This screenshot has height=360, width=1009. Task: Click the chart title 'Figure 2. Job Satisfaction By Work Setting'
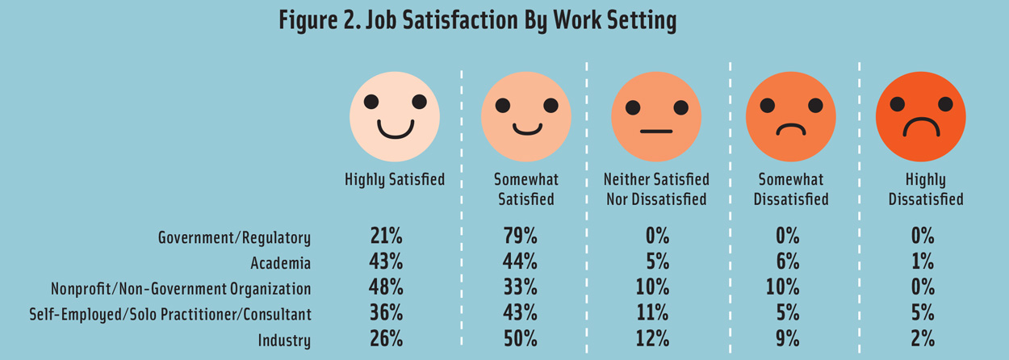[477, 20]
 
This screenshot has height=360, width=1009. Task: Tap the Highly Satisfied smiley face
[395, 116]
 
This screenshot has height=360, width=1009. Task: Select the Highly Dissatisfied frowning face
[920, 116]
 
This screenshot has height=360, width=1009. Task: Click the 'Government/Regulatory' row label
[234, 237]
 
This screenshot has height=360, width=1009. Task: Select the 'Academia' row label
[280, 262]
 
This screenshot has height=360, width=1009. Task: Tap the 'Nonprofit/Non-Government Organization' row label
[181, 288]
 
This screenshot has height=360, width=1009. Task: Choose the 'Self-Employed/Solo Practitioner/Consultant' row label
[170, 314]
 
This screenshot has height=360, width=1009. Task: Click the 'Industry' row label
[284, 340]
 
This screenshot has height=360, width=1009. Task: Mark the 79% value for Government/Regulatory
[520, 237]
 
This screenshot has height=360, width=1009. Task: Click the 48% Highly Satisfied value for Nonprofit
[386, 287]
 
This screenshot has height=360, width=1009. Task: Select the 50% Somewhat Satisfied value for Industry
[520, 339]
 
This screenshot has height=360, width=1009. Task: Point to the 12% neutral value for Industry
[652, 339]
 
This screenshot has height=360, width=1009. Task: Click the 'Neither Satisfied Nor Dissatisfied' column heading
[656, 189]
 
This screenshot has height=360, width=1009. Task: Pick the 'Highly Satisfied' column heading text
[394, 179]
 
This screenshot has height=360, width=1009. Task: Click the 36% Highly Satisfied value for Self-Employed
[386, 313]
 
